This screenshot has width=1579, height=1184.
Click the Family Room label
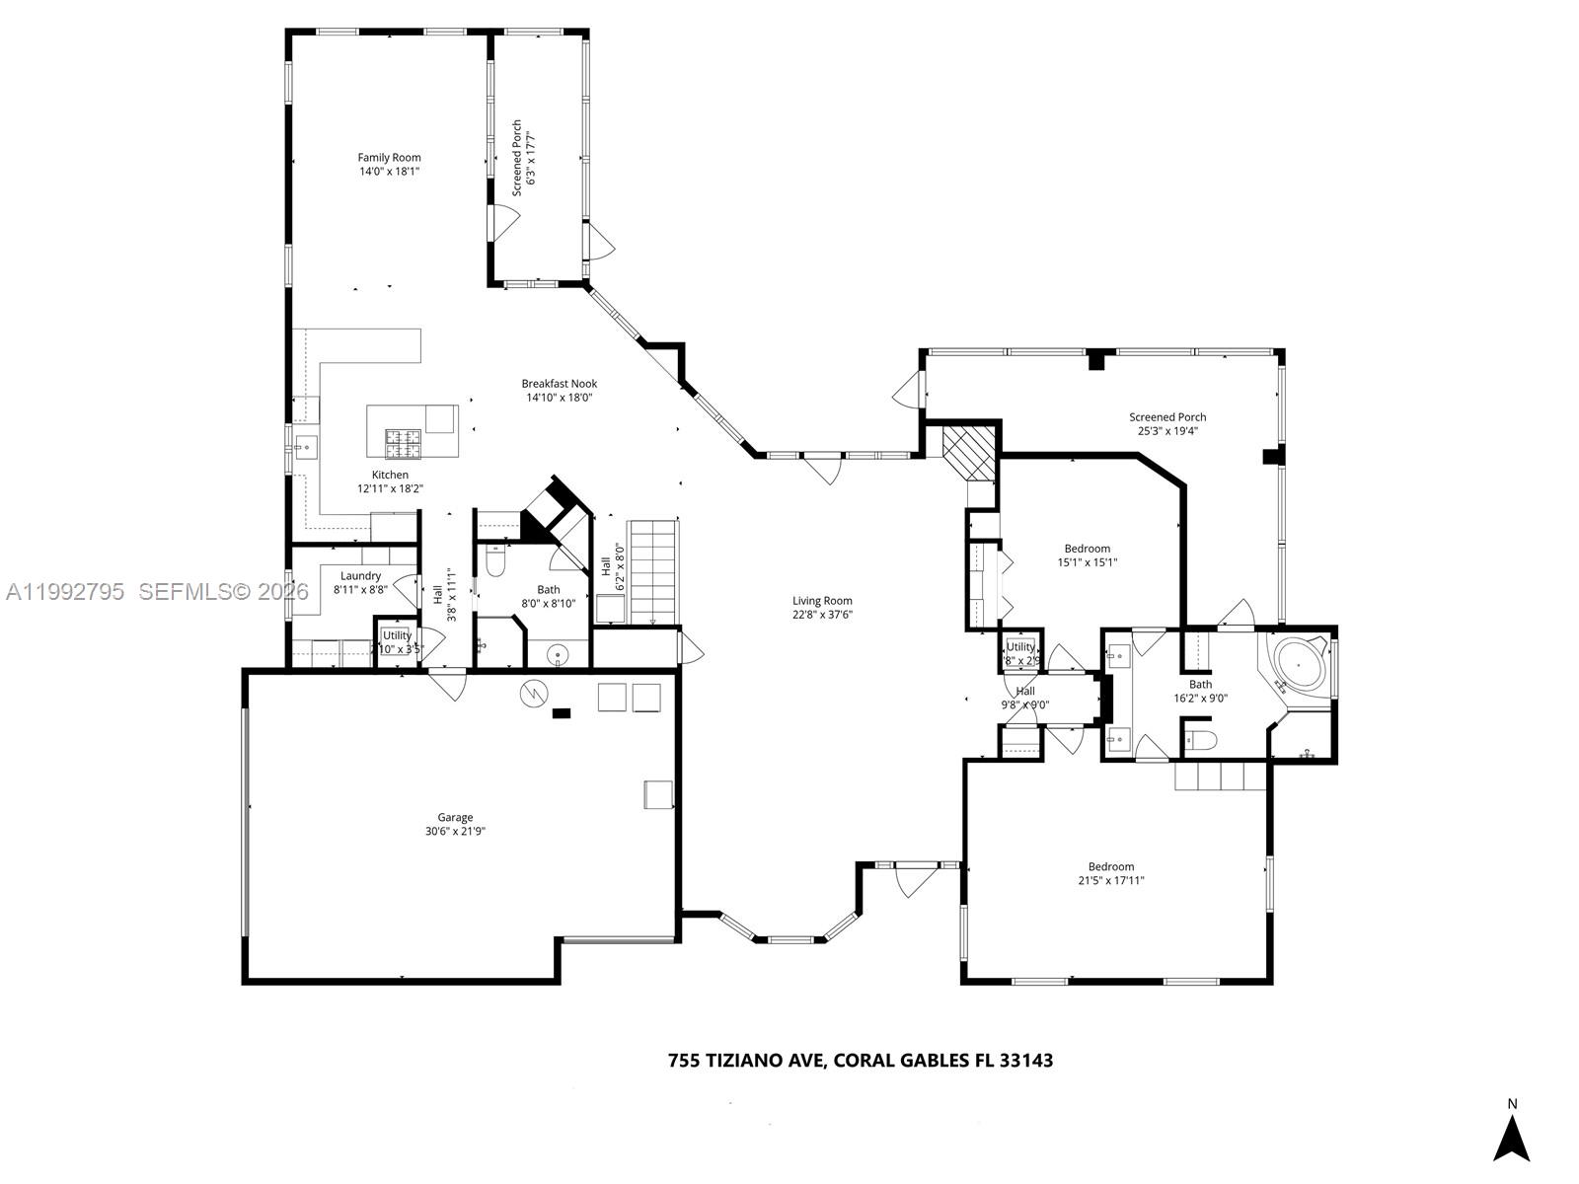(389, 158)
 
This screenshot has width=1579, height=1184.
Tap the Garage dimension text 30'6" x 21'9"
(455, 831)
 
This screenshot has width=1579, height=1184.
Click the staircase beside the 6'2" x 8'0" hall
(653, 572)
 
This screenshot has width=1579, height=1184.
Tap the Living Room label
(822, 601)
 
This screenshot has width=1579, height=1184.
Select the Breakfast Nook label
(560, 384)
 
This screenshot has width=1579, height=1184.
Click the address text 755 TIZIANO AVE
(748, 1061)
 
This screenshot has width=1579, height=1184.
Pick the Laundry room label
(360, 576)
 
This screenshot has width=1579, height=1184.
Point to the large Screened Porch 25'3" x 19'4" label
(1167, 417)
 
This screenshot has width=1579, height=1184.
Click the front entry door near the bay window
(915, 878)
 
